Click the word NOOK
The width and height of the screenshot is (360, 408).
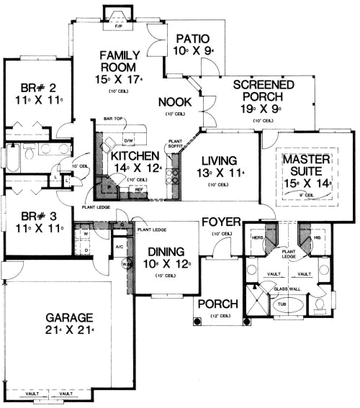point(174,102)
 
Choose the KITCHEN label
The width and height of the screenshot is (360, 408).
point(130,156)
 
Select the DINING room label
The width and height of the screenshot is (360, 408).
point(166,252)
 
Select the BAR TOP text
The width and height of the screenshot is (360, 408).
point(112,119)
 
